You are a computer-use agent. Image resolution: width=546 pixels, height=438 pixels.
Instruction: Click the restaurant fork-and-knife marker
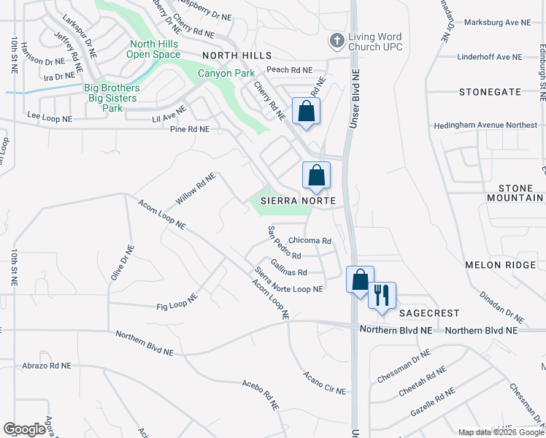[381, 296]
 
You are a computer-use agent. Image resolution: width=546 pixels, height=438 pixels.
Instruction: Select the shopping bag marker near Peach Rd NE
[306, 112]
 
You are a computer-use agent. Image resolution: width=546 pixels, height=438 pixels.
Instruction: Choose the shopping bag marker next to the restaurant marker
[360, 280]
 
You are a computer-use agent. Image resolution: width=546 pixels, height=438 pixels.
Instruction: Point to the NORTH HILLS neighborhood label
[237, 55]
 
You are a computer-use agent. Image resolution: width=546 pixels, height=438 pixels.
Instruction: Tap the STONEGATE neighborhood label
[490, 92]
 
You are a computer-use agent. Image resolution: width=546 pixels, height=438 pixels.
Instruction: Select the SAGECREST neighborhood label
[429, 312]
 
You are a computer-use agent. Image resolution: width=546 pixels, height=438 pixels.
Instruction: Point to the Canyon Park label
[227, 73]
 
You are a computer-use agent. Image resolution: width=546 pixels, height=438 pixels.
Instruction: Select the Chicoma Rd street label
[310, 240]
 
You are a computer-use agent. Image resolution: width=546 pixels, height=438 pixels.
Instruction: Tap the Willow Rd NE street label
[196, 189]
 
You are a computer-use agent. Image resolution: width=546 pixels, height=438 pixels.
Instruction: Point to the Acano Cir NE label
[324, 383]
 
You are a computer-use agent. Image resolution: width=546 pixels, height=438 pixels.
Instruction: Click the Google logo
[25, 429]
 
